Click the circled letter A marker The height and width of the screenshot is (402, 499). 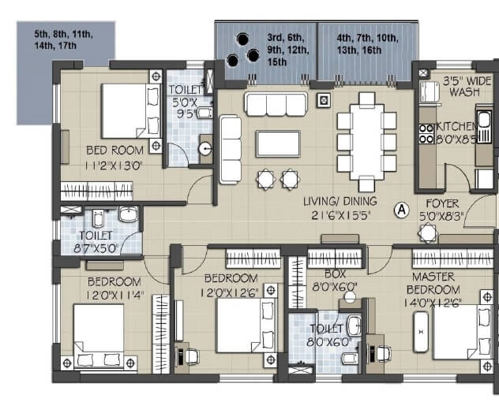click(401, 210)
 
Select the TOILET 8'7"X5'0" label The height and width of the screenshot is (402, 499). click(96, 240)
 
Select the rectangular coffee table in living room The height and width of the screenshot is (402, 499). click(277, 143)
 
